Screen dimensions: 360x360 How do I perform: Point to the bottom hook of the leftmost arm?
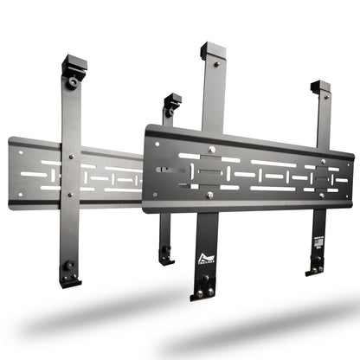click(x=71, y=280)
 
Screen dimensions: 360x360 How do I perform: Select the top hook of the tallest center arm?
click(x=212, y=51)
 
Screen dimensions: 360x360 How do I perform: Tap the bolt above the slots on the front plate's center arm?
click(x=210, y=152)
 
